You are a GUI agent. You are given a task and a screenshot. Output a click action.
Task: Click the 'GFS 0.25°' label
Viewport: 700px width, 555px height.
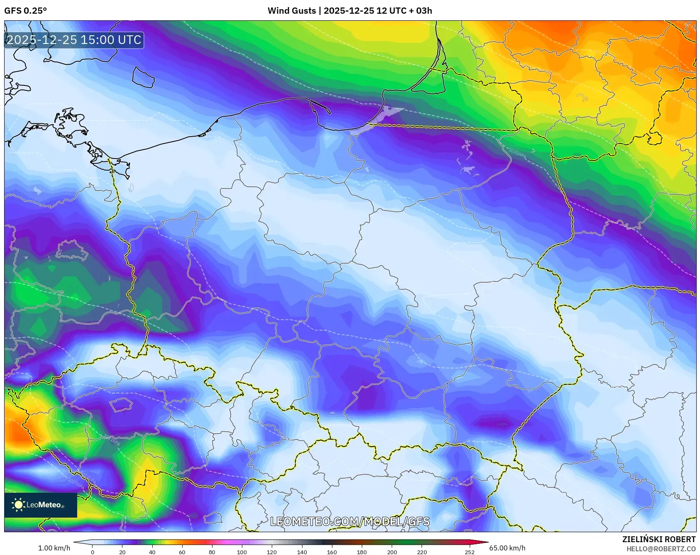[x=25, y=11]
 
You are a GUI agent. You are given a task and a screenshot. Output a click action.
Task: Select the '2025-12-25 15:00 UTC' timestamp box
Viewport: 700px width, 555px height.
[x=74, y=40]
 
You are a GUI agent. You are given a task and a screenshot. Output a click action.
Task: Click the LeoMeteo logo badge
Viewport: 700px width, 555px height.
[x=41, y=505]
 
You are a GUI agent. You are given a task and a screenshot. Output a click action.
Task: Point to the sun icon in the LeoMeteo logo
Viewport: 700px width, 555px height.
[x=18, y=505]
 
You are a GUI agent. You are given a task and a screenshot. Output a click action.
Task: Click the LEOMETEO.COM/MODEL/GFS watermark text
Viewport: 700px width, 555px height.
[x=350, y=521]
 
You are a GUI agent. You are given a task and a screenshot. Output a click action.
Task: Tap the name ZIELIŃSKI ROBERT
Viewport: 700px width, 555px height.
[x=659, y=539]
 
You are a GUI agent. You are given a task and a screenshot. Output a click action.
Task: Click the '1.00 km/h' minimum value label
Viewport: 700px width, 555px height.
[x=54, y=548]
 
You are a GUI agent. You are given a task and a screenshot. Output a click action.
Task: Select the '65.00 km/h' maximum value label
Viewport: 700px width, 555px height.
[x=507, y=548]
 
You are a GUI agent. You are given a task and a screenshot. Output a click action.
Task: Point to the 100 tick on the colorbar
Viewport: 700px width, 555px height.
[x=242, y=552]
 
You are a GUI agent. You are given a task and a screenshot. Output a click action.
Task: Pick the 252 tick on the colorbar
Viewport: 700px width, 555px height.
[x=469, y=552]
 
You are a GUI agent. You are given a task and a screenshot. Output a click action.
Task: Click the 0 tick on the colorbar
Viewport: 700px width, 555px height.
[x=92, y=552]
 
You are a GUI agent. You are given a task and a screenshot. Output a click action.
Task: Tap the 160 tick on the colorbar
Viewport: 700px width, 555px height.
[x=332, y=552]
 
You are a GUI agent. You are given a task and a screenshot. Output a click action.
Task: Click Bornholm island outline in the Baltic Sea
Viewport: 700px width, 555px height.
[x=143, y=78]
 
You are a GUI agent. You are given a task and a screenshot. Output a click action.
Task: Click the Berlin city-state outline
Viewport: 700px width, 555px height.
[x=72, y=250]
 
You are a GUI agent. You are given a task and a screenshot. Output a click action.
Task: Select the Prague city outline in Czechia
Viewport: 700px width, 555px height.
[x=120, y=404]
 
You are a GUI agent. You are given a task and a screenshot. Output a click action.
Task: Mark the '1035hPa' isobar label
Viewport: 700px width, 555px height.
[x=517, y=152]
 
